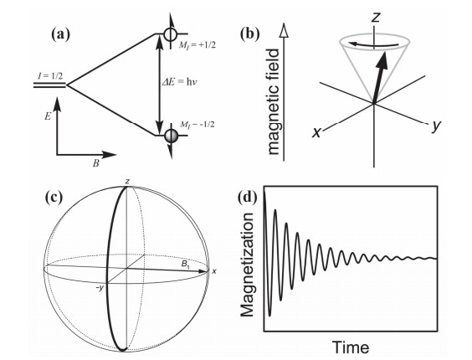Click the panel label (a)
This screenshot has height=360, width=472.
click(x=61, y=34)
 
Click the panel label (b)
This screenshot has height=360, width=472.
click(x=250, y=34)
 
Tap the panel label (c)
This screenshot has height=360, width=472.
click(x=54, y=198)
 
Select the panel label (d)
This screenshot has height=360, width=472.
click(x=248, y=198)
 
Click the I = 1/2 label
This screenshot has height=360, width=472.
click(x=50, y=76)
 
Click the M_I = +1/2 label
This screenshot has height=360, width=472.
click(x=198, y=46)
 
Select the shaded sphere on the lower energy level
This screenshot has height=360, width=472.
click(x=172, y=135)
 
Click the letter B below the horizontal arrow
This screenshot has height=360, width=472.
click(x=95, y=164)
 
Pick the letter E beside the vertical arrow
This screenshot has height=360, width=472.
click(x=48, y=116)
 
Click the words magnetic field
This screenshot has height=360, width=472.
click(x=274, y=102)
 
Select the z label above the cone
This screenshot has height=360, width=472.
click(x=375, y=18)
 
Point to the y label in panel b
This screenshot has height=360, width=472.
click(x=435, y=125)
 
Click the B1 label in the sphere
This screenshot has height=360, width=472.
click(x=186, y=265)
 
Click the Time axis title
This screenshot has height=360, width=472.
click(x=351, y=347)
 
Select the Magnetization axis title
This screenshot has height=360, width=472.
click(x=248, y=265)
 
